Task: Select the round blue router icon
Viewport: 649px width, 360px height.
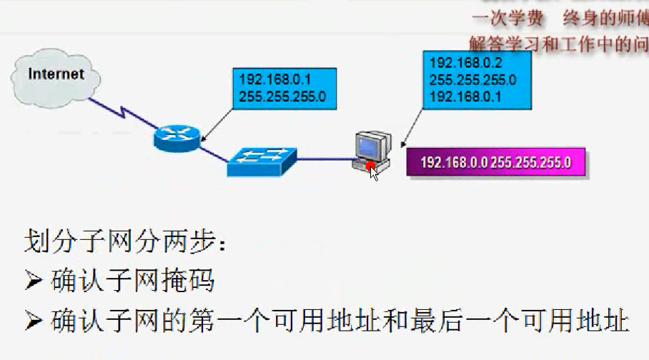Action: [x=176, y=135]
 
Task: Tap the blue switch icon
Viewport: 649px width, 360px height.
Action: [x=262, y=161]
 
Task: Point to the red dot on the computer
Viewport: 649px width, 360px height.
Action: [x=370, y=166]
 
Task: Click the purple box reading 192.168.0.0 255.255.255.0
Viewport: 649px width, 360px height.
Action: [x=495, y=162]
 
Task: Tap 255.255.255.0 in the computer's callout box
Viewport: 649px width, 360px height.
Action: [x=472, y=79]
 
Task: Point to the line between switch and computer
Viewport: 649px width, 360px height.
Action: [x=324, y=159]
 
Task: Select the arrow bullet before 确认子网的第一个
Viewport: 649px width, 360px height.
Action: [x=34, y=321]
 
